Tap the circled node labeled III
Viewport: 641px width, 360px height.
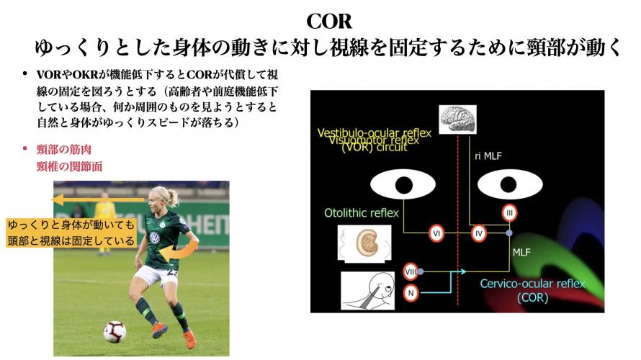point(509,212)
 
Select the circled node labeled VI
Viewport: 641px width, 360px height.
point(436,233)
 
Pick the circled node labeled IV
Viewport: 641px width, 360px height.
point(480,233)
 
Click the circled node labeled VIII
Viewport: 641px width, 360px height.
point(411,271)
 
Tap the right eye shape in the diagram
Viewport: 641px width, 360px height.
point(509,185)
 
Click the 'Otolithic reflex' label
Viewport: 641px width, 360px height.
point(359,213)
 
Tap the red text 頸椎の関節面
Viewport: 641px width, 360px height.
point(69,166)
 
